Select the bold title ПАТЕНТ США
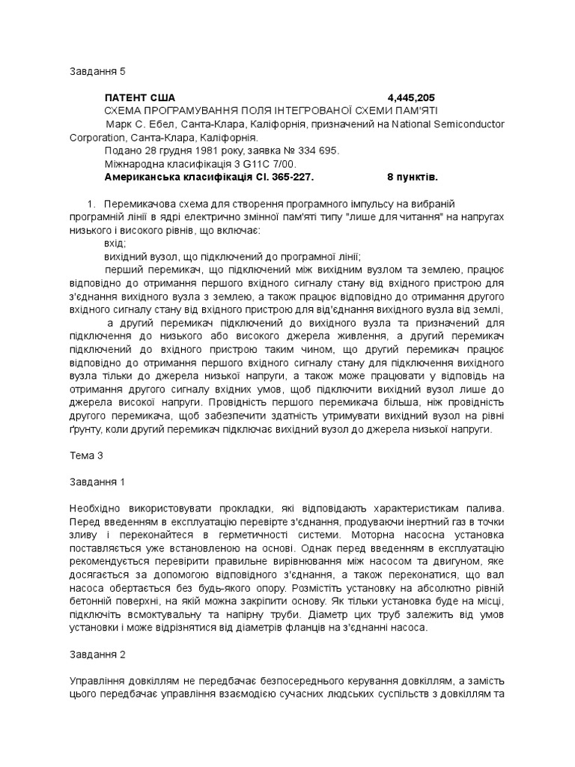(140, 97)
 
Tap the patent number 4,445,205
(411, 97)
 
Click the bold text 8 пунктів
(412, 177)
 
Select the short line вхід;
(116, 243)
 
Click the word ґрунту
(86, 431)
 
